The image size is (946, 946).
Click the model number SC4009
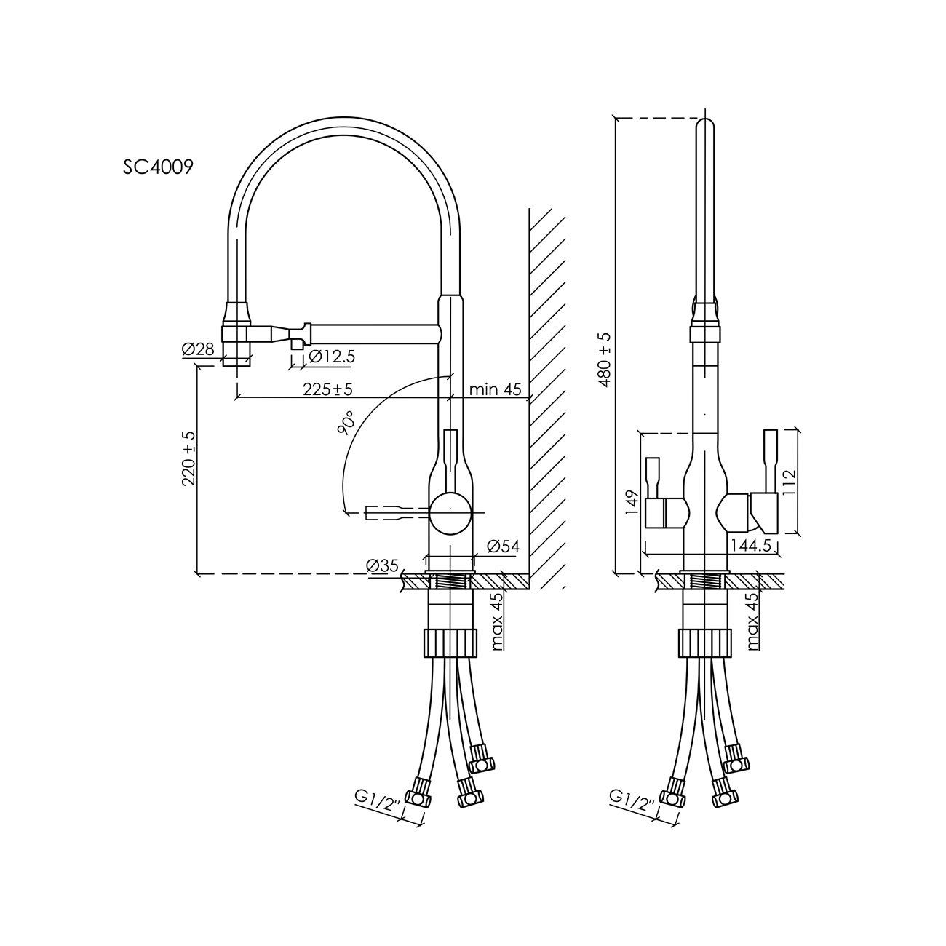[x=158, y=167]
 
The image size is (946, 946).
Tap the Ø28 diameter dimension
[x=198, y=349]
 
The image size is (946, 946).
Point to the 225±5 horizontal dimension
[x=327, y=389]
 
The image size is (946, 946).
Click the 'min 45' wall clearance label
[x=495, y=389]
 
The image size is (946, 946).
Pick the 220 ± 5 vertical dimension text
[x=189, y=458]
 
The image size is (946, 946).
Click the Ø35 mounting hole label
[x=382, y=565]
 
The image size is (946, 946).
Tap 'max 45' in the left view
[x=497, y=621]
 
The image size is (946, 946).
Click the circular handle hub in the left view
[x=450, y=514]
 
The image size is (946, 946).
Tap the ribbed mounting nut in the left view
[x=450, y=644]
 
